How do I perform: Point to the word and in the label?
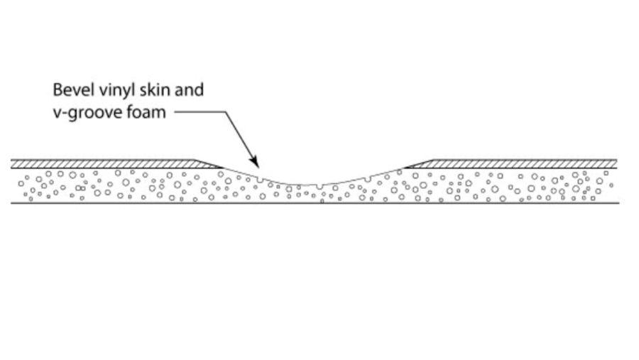(x=189, y=89)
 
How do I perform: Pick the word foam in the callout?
(x=146, y=111)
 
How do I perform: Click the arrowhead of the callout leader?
(x=254, y=162)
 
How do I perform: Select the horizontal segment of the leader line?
(x=200, y=111)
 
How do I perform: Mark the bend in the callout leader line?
(x=226, y=111)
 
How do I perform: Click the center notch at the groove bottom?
(x=319, y=187)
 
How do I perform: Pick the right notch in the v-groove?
(x=368, y=179)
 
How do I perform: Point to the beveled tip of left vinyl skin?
(x=222, y=168)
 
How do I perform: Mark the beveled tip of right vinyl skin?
(x=405, y=168)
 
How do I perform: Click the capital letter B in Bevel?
(x=58, y=89)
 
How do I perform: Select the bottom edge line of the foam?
(x=315, y=202)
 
